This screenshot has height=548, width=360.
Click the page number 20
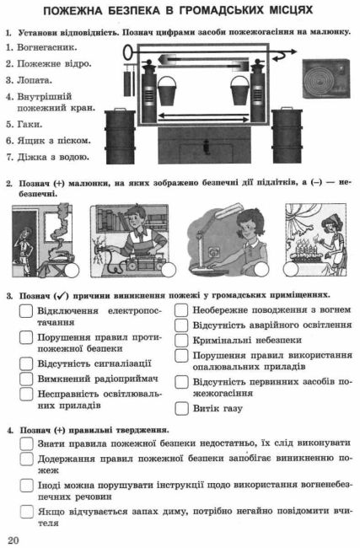click(x=13, y=540)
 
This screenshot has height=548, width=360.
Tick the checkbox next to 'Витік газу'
click(x=181, y=408)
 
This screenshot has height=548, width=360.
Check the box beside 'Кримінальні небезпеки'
click(x=181, y=340)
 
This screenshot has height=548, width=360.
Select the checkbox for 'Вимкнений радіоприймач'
click(x=26, y=379)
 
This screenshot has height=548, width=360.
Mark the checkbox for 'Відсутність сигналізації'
click(x=26, y=363)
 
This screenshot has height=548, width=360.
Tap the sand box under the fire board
click(x=205, y=145)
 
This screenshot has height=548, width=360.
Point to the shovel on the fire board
click(x=203, y=62)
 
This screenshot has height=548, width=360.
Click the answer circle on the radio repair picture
click(x=169, y=270)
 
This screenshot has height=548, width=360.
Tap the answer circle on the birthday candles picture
click(x=291, y=269)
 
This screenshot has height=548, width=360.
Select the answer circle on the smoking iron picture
click(x=72, y=270)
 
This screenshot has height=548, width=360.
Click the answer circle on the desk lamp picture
click(x=261, y=270)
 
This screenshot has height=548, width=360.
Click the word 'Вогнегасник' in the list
click(x=47, y=47)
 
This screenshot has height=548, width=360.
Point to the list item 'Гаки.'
click(x=29, y=125)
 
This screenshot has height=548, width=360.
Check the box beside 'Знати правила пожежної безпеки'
click(x=27, y=443)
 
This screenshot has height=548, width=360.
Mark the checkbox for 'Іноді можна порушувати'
click(x=27, y=486)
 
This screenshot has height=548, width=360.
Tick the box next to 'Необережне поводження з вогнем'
click(x=181, y=310)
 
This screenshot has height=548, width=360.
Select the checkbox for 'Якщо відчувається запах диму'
click(x=27, y=512)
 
